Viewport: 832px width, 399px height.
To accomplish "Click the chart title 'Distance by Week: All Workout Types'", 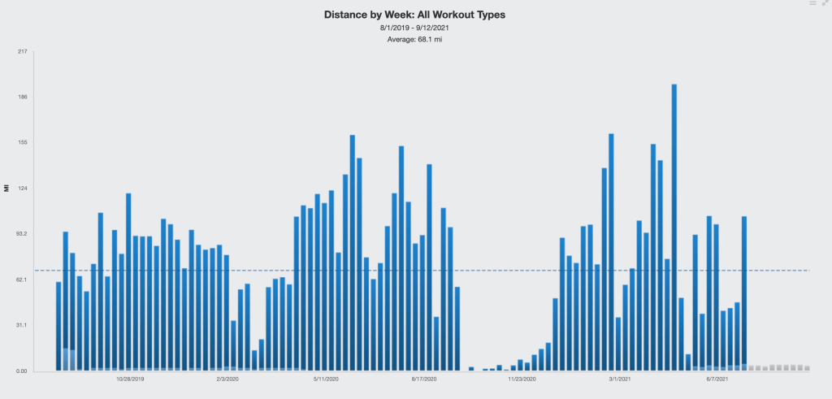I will click(415, 15).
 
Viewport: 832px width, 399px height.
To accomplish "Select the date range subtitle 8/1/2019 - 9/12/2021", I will click(415, 28).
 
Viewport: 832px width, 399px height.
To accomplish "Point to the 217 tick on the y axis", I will click(22, 52).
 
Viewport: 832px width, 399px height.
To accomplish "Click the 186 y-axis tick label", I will click(22, 98).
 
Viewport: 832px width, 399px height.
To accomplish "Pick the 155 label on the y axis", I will click(22, 143).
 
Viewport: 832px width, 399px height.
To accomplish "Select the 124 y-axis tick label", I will click(22, 189).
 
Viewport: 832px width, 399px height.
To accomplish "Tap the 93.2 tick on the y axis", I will click(21, 234).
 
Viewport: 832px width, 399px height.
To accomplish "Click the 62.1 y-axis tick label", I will click(21, 280).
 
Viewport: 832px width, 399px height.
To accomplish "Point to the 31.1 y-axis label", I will click(21, 325).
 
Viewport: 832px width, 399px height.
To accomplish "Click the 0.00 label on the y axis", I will click(21, 371).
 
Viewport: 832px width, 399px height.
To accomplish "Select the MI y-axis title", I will click(6, 189).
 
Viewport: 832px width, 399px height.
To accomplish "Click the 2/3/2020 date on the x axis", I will click(227, 379).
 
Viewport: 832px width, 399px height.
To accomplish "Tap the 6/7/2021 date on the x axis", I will click(717, 379).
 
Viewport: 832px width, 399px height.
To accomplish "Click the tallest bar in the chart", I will click(674, 228).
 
